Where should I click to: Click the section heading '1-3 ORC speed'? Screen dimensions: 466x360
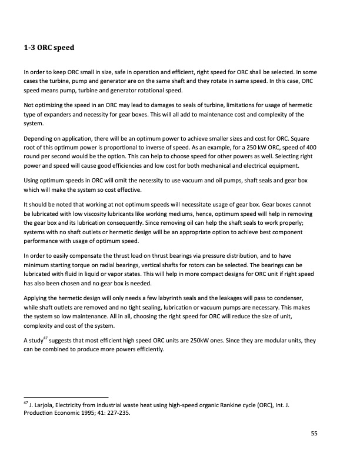pyautogui.click(x=48, y=46)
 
